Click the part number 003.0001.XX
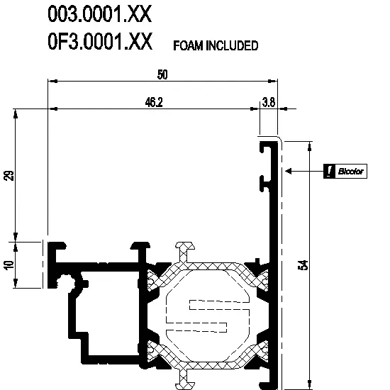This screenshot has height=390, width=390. (x=99, y=14)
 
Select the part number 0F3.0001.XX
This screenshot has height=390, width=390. (x=100, y=41)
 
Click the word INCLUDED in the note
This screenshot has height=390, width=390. (x=232, y=46)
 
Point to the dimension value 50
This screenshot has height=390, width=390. (x=162, y=74)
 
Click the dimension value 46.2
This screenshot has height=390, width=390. (x=154, y=102)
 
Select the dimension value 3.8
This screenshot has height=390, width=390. (x=269, y=102)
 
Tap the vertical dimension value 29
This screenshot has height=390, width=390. (x=9, y=175)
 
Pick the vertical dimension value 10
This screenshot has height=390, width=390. (x=9, y=265)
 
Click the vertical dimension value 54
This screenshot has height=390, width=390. (x=303, y=264)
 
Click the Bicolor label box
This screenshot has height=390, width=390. (x=345, y=171)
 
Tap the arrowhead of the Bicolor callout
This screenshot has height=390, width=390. (x=289, y=171)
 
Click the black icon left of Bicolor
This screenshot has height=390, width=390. (x=329, y=171)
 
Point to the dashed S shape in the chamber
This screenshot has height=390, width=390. (x=208, y=316)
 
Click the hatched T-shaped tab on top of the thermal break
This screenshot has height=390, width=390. (x=185, y=251)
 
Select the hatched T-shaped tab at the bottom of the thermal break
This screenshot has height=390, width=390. (x=185, y=379)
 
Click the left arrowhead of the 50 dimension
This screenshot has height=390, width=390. (x=52, y=81)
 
